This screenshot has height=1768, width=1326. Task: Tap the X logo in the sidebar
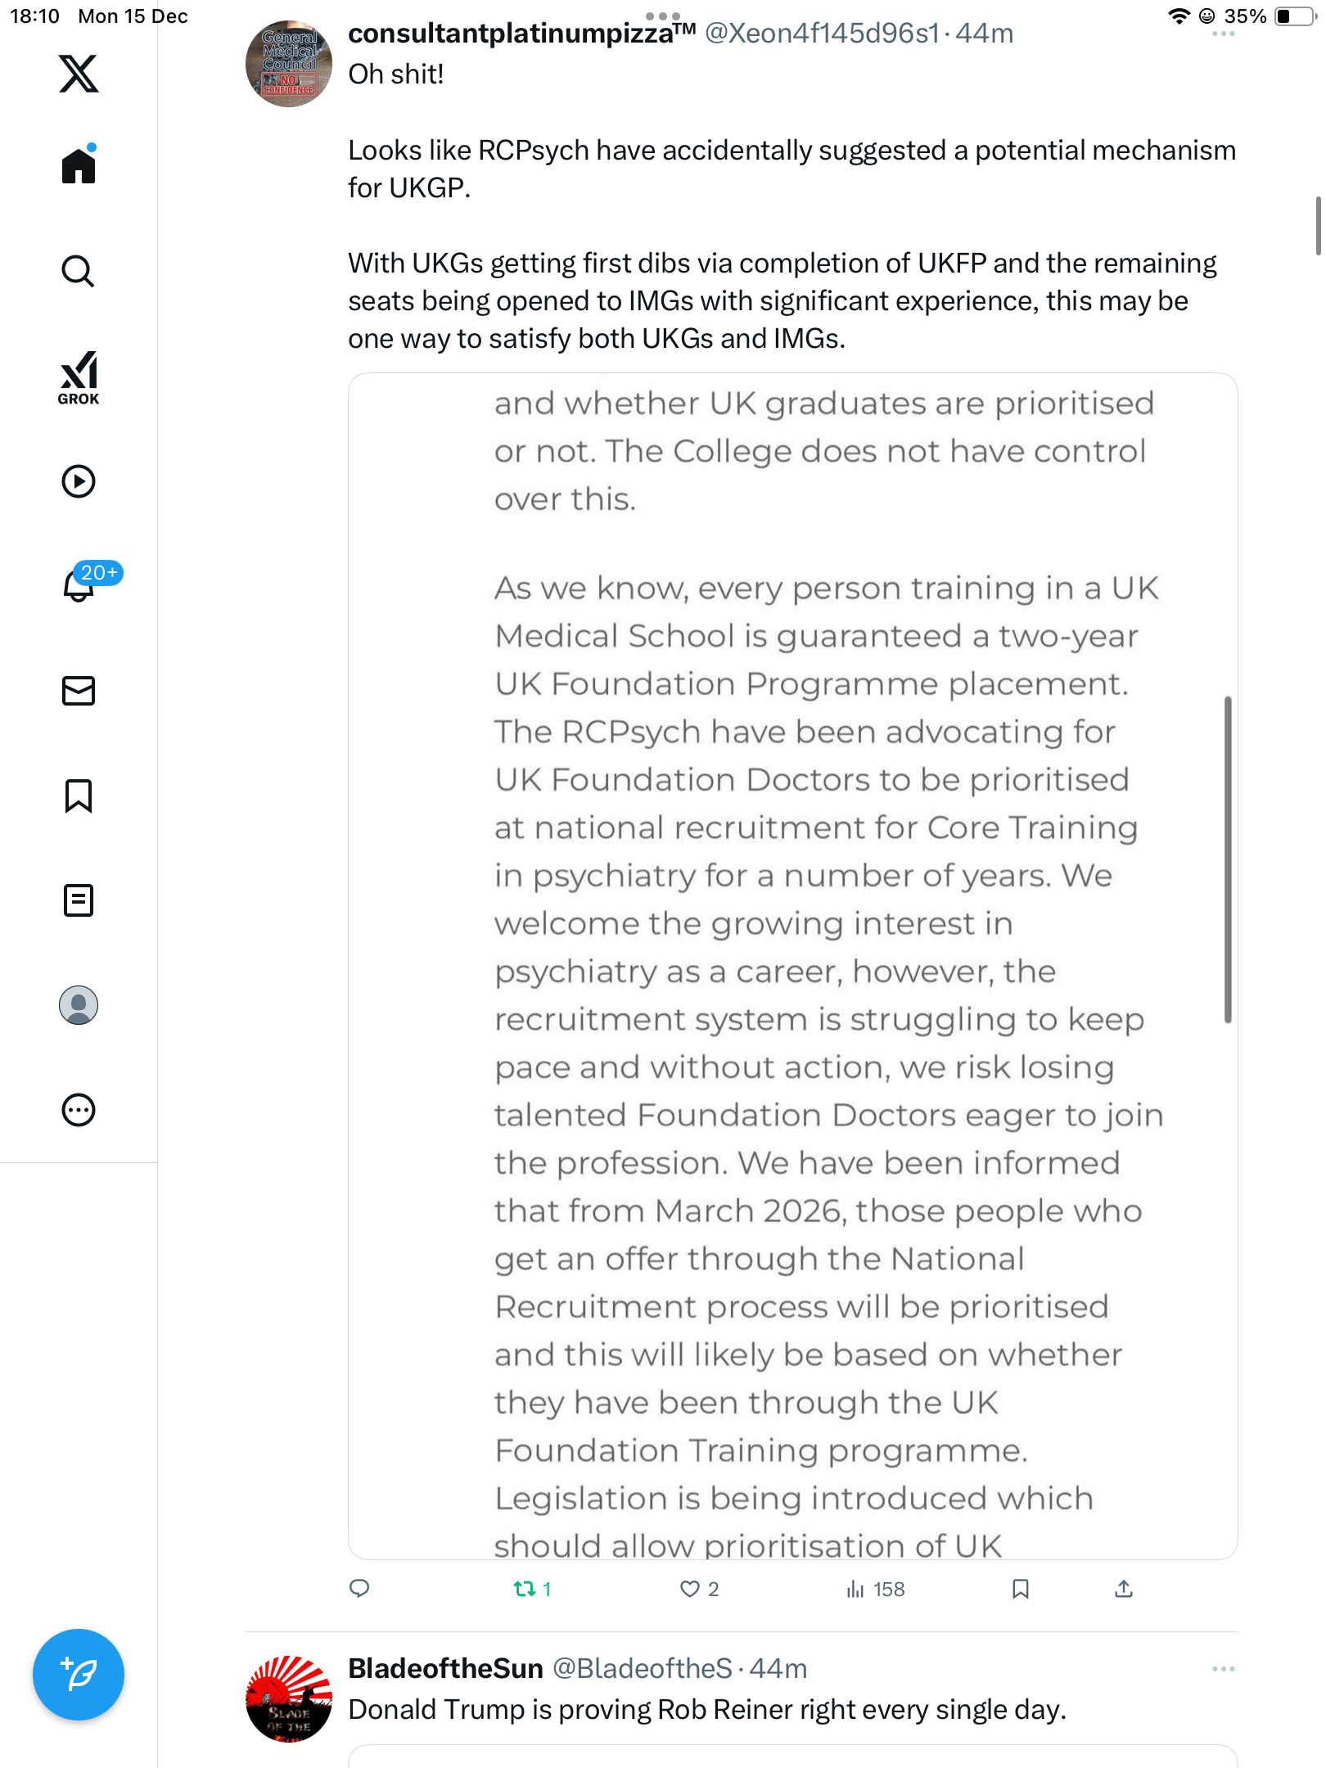tap(79, 74)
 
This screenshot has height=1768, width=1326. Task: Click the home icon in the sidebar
tap(79, 165)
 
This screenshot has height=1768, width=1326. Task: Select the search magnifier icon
tap(79, 271)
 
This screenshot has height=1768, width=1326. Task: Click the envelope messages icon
tap(79, 691)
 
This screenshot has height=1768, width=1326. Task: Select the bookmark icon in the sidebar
tap(79, 796)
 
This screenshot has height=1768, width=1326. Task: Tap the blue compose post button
tap(79, 1675)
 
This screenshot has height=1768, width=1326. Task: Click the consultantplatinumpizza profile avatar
tap(288, 64)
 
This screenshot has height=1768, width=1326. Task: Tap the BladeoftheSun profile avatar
tap(288, 1699)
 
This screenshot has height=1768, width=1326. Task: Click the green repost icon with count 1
tap(525, 1590)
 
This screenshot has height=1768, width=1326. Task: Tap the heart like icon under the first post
tap(690, 1590)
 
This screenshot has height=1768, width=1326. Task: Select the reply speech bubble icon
tap(359, 1589)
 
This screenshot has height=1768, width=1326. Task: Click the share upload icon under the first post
tap(1124, 1590)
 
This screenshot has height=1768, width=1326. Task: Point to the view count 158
tap(888, 1590)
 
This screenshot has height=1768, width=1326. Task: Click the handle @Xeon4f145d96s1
tap(822, 34)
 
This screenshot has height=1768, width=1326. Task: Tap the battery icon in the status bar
tap(1293, 16)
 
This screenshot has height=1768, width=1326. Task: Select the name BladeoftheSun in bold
tap(445, 1668)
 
